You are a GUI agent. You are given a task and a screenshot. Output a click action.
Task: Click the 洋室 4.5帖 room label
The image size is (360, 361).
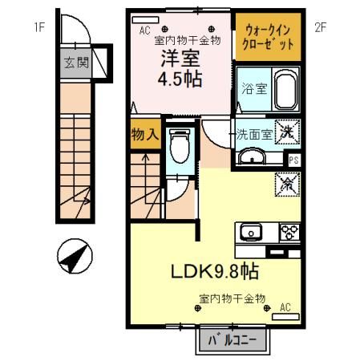click(x=180, y=68)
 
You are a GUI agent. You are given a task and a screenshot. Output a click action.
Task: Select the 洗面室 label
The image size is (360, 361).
click(x=253, y=133)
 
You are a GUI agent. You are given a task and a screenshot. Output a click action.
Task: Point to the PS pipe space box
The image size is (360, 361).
click(x=293, y=158)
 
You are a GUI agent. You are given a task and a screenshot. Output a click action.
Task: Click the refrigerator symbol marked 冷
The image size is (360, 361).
click(x=285, y=184)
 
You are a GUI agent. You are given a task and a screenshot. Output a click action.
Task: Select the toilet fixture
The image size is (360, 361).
click(x=180, y=147)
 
